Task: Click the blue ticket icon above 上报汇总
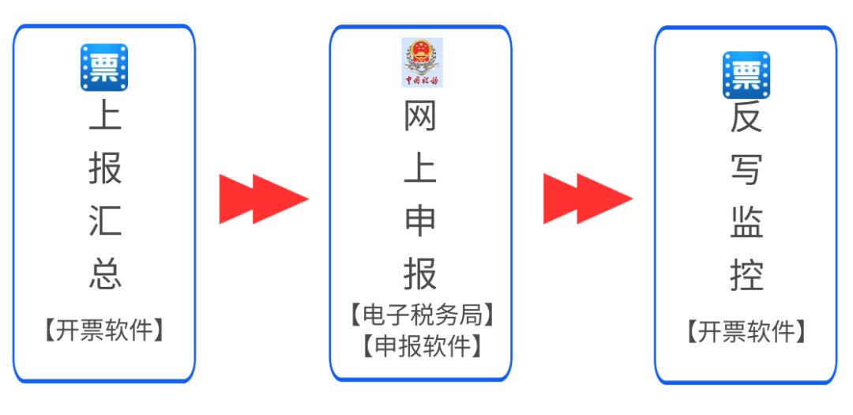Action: click(x=104, y=67)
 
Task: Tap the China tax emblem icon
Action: click(x=422, y=61)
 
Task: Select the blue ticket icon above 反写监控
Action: click(x=746, y=75)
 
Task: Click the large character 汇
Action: click(x=104, y=222)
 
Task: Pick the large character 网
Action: click(x=420, y=118)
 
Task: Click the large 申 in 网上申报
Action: click(x=420, y=222)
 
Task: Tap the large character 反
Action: click(x=746, y=120)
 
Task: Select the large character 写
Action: click(x=746, y=171)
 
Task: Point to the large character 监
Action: click(x=746, y=223)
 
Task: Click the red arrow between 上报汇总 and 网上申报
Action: click(x=263, y=198)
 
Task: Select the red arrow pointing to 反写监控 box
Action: click(x=587, y=198)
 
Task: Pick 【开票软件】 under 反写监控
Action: click(x=746, y=332)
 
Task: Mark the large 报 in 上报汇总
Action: click(x=104, y=169)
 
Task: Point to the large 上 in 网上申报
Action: click(x=420, y=169)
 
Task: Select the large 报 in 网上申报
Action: click(x=420, y=274)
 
